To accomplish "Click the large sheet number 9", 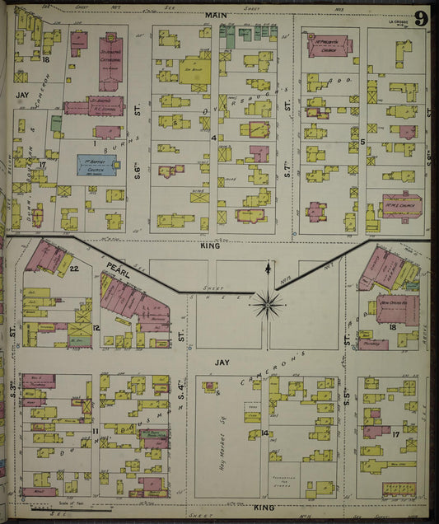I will click(x=421, y=19).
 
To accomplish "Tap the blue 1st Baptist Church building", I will click(x=96, y=164).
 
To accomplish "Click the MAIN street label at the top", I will click(x=216, y=16).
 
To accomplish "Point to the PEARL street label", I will click(x=116, y=268).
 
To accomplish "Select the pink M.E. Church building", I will click(x=401, y=204).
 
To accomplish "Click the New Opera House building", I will click(x=397, y=310).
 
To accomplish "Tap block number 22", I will click(x=73, y=269).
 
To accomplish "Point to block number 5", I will click(x=362, y=142).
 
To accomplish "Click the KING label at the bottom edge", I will click(x=264, y=508).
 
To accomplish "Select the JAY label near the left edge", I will click(x=21, y=96).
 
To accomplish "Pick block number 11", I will click(x=96, y=431).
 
